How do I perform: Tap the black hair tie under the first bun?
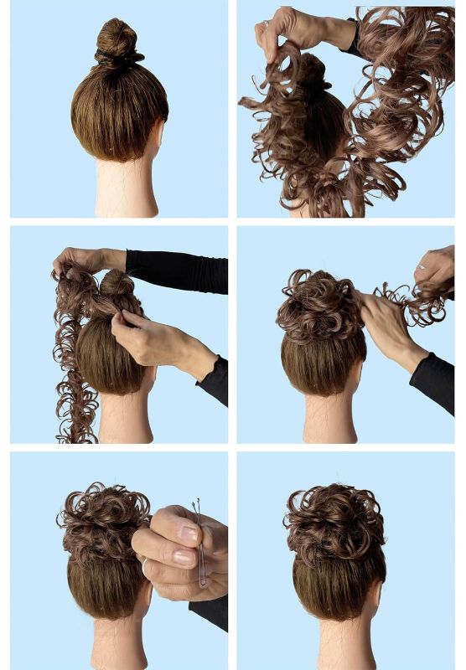click(x=118, y=59)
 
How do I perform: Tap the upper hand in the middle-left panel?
click(x=84, y=260)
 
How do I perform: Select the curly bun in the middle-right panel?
click(x=318, y=306)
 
